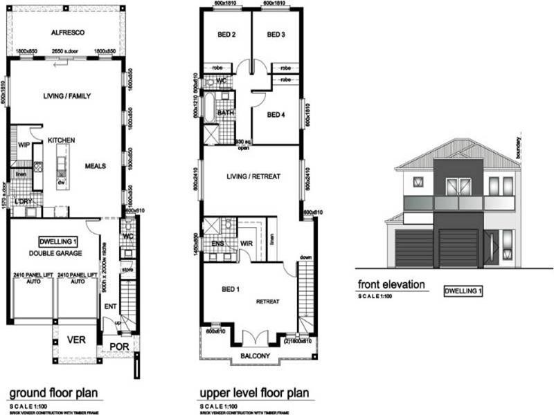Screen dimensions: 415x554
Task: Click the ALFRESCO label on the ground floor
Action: pos(66,32)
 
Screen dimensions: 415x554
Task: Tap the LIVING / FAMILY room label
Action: pos(66,96)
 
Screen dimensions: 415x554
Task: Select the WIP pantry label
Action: pos(23,145)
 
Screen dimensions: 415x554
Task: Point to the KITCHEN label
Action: pos(61,140)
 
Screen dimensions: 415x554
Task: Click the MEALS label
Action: pos(95,166)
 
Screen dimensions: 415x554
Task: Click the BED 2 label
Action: pos(227,35)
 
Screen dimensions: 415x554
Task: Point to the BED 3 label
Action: pos(276,35)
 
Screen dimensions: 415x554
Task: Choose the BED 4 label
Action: pos(276,115)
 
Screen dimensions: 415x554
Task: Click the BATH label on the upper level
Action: pos(225,112)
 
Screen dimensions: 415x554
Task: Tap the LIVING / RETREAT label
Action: pos(253,177)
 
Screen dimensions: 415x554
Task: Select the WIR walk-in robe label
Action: pos(246,243)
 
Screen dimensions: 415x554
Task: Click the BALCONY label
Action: pos(254,357)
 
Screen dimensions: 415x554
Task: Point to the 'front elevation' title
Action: pos(391,284)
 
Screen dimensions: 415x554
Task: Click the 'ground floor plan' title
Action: pos(53,393)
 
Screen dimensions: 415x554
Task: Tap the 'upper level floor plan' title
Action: pos(256,393)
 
